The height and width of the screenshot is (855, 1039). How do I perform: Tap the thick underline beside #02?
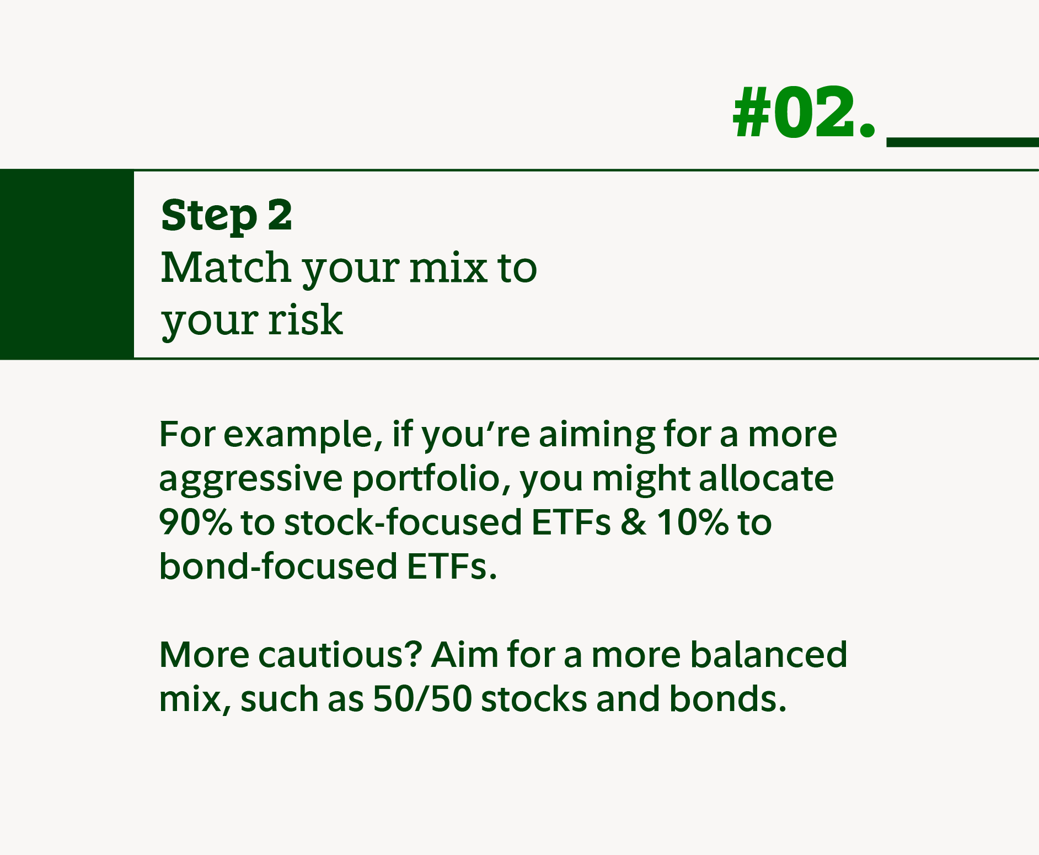[962, 142]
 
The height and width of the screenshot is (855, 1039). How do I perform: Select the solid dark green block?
[67, 264]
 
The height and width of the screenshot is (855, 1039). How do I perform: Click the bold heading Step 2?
[226, 216]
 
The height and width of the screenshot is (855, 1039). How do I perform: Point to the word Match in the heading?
[226, 268]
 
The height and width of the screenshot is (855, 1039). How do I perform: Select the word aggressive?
[250, 479]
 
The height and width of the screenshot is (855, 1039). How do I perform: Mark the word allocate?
[766, 478]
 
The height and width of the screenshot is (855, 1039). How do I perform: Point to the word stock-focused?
[402, 522]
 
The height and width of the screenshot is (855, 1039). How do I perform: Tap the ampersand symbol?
[633, 522]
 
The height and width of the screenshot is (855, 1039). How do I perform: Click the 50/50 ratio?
[422, 699]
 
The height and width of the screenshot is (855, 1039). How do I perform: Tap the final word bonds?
[727, 699]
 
